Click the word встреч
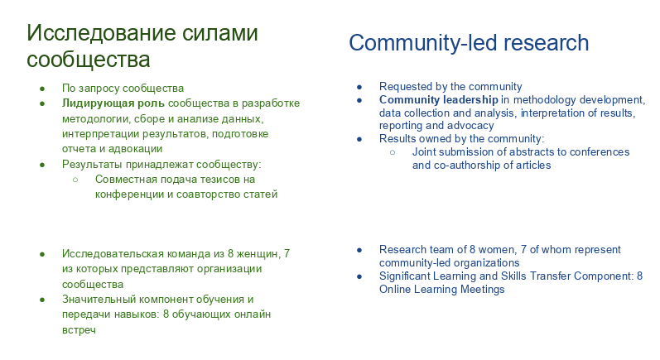pos(79,329)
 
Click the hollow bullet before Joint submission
pos(393,152)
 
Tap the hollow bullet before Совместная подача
pos(75,180)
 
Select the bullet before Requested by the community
pos(359,87)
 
